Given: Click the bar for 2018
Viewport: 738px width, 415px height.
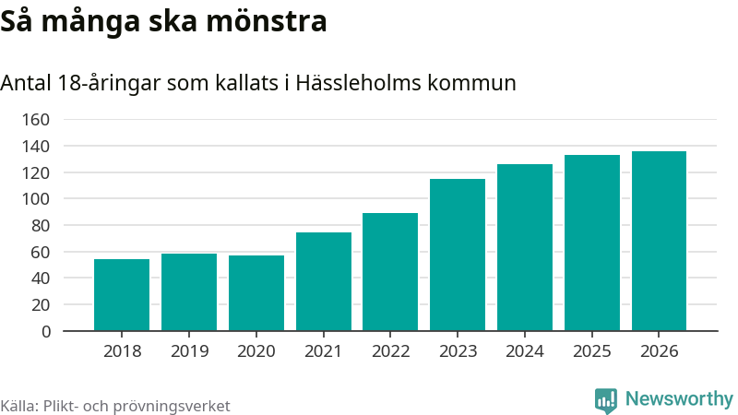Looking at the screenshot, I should tap(122, 295).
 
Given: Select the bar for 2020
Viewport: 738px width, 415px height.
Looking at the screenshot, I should tap(256, 293).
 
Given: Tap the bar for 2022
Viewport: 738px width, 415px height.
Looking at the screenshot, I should tap(390, 272).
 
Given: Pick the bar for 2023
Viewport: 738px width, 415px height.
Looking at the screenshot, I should tap(458, 255).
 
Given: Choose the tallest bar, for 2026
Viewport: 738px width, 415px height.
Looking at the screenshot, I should tap(659, 241).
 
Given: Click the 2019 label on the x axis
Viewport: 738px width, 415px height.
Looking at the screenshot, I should tap(189, 351).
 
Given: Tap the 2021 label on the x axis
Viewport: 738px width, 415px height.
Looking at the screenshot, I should tap(324, 351).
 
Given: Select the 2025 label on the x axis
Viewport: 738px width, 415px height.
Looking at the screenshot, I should tap(592, 351).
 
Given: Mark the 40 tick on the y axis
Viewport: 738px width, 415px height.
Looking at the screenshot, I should tap(40, 279).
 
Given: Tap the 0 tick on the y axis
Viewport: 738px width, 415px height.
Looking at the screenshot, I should tap(44, 331).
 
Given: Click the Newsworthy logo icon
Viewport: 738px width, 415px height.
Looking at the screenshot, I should tap(606, 400).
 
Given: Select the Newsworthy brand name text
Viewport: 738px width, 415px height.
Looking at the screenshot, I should tap(679, 399).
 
